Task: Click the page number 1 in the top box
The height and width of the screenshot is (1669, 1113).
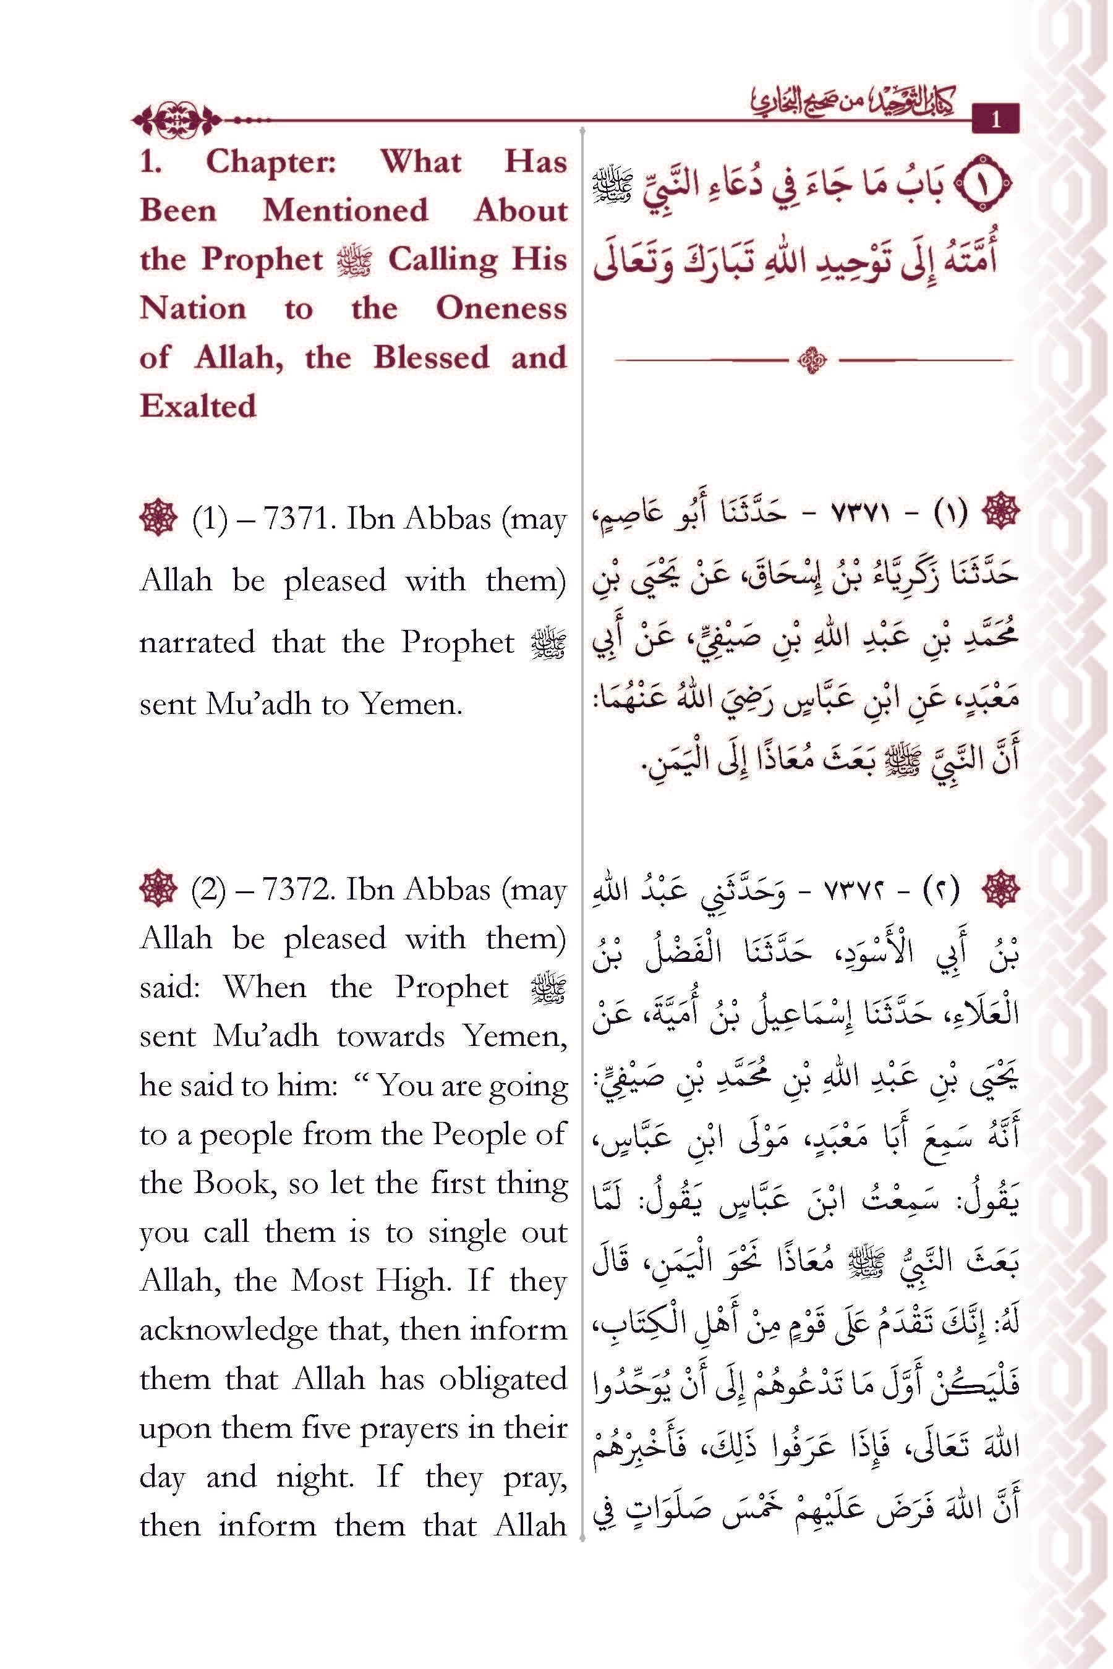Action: point(995,119)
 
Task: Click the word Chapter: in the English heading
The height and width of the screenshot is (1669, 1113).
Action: point(271,162)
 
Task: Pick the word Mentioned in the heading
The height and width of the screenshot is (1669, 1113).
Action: point(345,211)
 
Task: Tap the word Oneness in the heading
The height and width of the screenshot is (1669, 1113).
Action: point(500,308)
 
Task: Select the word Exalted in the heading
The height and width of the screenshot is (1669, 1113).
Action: point(197,406)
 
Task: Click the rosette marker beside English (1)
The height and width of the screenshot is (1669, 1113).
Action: point(158,518)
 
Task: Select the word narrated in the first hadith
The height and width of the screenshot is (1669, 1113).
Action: point(197,643)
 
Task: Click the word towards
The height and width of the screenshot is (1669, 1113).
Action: point(391,1037)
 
